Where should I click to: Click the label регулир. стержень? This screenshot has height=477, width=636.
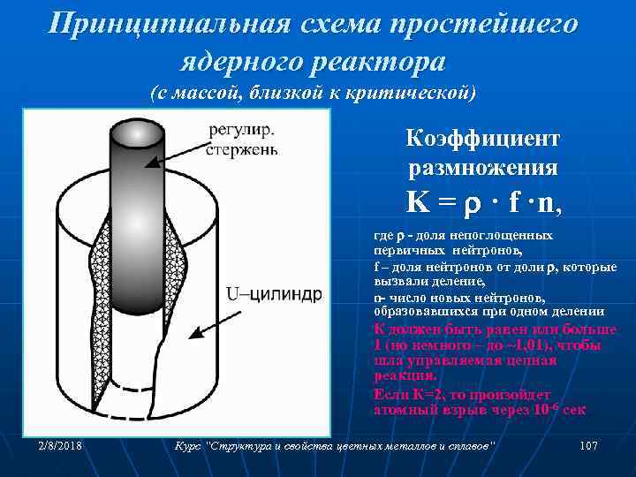[x=242, y=140]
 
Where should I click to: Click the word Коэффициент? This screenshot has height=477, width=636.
[x=482, y=140]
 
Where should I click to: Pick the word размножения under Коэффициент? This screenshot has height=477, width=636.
[x=482, y=167]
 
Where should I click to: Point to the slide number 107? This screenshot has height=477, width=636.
[x=589, y=447]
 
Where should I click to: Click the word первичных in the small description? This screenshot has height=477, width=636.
[x=406, y=250]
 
